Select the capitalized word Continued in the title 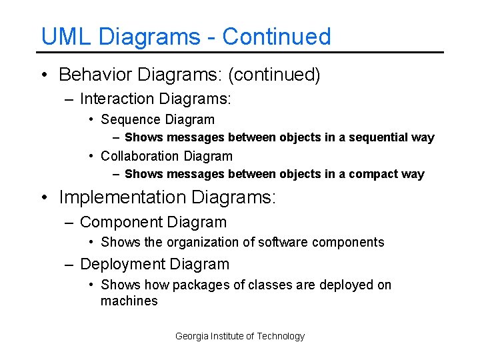(x=276, y=36)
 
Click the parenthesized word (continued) (x=274, y=75)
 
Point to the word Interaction (x=117, y=99)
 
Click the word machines (x=129, y=301)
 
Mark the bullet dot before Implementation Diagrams (x=44, y=197)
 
